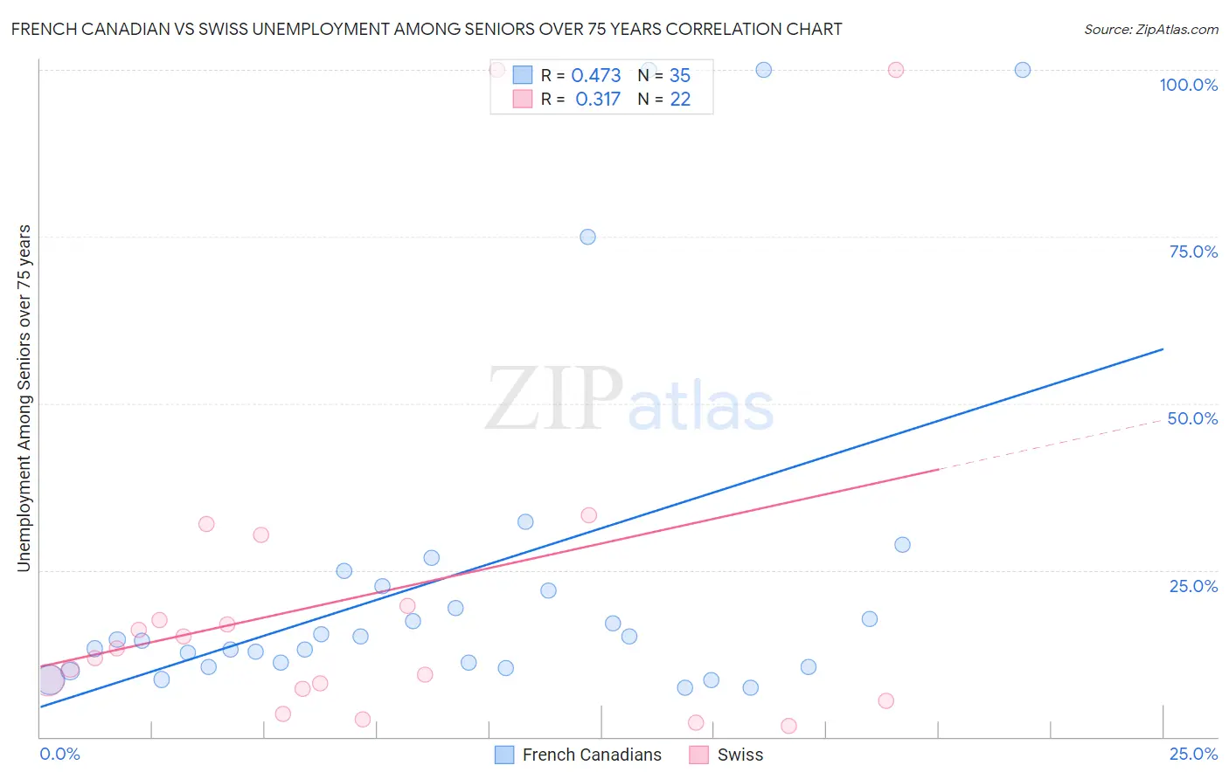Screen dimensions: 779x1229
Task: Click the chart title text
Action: tap(427, 29)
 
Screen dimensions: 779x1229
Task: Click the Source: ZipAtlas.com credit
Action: tap(1150, 30)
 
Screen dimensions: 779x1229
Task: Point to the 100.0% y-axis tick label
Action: tap(1188, 85)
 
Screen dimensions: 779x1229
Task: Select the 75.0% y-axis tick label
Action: tap(1193, 252)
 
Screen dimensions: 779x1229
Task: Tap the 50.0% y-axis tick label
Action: tap(1192, 418)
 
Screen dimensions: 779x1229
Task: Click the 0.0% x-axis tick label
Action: tap(59, 754)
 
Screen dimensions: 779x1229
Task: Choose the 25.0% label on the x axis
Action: tap(1193, 754)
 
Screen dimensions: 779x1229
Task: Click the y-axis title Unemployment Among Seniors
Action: tap(24, 398)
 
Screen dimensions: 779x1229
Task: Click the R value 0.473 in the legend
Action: tap(596, 76)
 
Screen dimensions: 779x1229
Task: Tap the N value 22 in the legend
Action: tap(680, 100)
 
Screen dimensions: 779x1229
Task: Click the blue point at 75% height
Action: tap(587, 237)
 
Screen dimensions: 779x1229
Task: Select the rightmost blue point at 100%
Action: tap(1022, 70)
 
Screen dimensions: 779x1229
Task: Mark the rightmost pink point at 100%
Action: tap(895, 70)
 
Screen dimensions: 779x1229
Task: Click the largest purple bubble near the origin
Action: tap(50, 679)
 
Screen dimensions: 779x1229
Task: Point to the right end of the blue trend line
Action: tap(1162, 349)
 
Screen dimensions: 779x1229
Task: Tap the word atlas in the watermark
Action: tap(701, 408)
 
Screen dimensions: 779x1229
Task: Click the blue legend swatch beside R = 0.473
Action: tap(523, 75)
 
